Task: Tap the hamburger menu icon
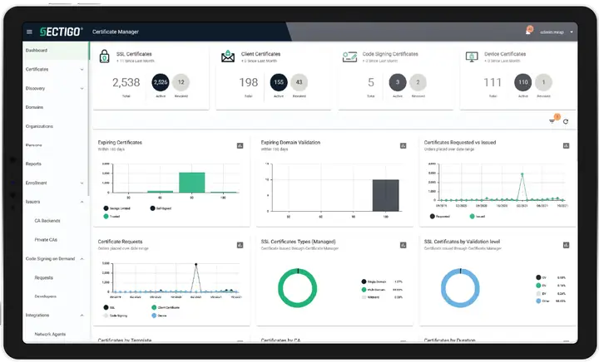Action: (x=30, y=32)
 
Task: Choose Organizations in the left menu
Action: (x=40, y=126)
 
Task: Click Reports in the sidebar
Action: (x=33, y=164)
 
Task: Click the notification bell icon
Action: (x=527, y=32)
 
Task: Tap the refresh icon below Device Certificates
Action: (x=566, y=122)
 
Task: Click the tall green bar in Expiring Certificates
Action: (x=192, y=182)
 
